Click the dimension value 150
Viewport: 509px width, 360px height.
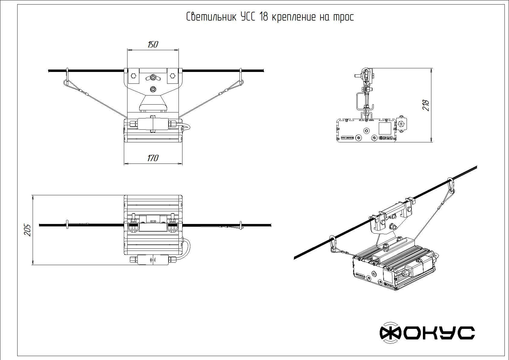click(153, 44)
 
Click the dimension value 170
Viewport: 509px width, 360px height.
click(153, 158)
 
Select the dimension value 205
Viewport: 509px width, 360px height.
click(28, 230)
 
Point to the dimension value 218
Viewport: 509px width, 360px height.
click(426, 105)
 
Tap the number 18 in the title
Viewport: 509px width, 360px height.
click(263, 17)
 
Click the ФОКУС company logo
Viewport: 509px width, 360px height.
click(427, 333)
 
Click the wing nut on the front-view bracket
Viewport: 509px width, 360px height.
click(153, 78)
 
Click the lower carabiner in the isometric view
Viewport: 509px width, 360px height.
click(333, 244)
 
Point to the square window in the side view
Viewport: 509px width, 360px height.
click(385, 128)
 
